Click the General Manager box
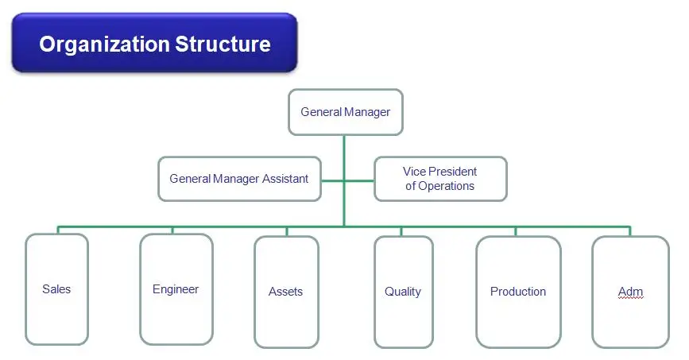(345, 112)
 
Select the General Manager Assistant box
(238, 179)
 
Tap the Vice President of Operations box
(439, 179)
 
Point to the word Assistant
(278, 179)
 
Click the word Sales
(56, 289)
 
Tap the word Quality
(403, 292)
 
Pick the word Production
(518, 292)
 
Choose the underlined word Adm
(630, 292)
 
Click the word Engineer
(176, 289)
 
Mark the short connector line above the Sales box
(57, 230)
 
